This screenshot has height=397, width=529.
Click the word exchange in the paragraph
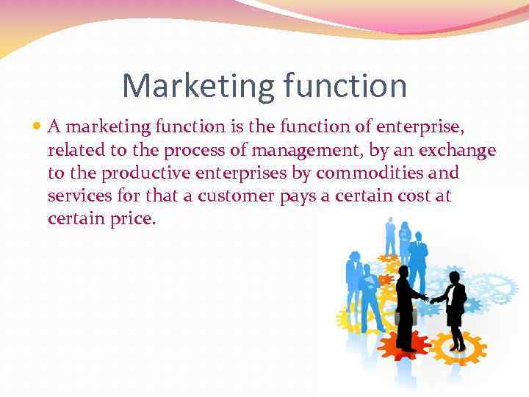point(456,151)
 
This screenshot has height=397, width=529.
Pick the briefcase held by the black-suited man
point(403,316)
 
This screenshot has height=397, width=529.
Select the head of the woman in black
point(455,277)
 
